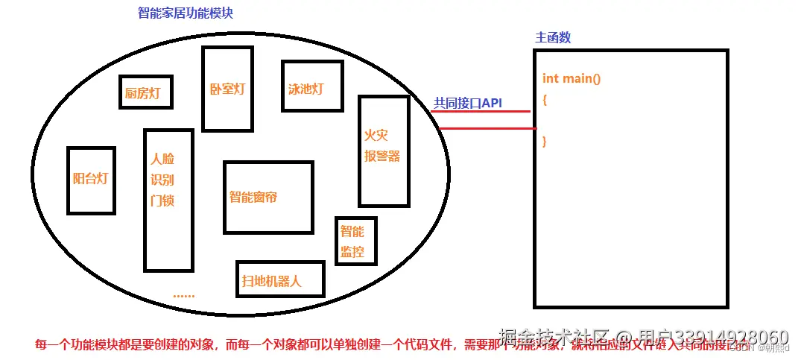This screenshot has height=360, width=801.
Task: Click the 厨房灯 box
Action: click(145, 92)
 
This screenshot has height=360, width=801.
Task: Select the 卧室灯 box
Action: click(227, 88)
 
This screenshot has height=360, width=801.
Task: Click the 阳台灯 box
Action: click(91, 179)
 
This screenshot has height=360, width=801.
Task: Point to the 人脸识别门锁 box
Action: click(168, 199)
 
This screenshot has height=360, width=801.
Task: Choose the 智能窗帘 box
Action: click(267, 197)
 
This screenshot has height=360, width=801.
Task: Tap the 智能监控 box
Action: click(355, 240)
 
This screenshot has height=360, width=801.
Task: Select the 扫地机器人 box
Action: click(279, 280)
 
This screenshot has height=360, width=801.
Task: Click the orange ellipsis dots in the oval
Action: click(183, 295)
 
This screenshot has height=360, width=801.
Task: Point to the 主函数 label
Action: click(553, 37)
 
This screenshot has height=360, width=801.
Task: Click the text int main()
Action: click(572, 78)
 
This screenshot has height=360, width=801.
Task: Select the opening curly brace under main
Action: click(545, 99)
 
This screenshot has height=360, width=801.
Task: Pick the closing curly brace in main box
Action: click(545, 140)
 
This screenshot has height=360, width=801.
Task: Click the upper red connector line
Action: click(484, 113)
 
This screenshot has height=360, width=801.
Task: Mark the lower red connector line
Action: click(484, 128)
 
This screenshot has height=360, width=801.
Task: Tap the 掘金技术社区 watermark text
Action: click(556, 338)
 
